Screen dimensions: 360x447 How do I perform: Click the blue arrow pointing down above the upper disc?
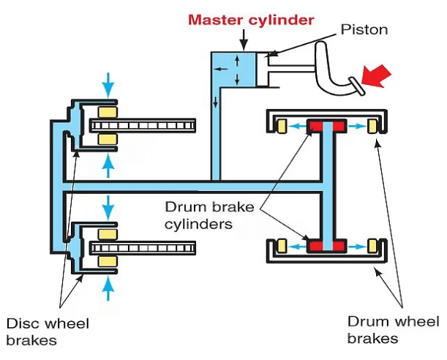coord(109,85)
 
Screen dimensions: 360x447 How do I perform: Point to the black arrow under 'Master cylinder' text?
coord(242,38)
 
